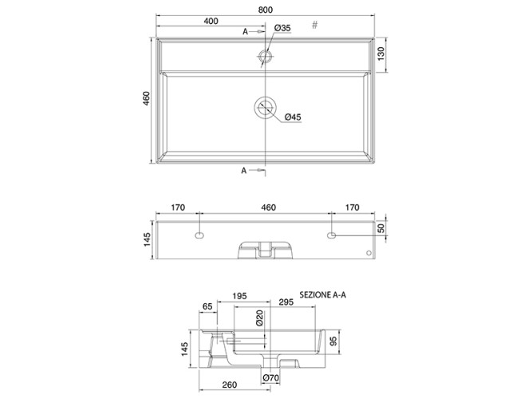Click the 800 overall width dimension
[265, 10]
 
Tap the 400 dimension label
[211, 21]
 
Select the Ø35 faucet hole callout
[282, 28]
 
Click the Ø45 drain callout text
[293, 117]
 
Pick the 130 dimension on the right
[381, 54]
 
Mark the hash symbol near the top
[315, 25]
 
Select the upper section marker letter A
[246, 32]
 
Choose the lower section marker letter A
[243, 171]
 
